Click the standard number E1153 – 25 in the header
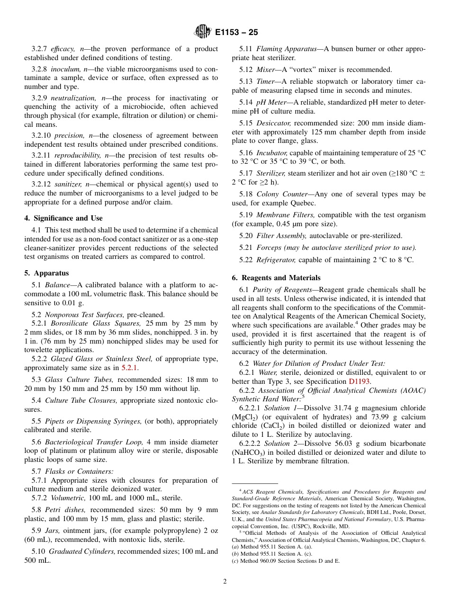(236, 33)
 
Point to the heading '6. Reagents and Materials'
(276, 278)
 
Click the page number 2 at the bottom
(225, 582)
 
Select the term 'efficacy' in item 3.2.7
(63, 49)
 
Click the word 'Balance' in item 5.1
(57, 285)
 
